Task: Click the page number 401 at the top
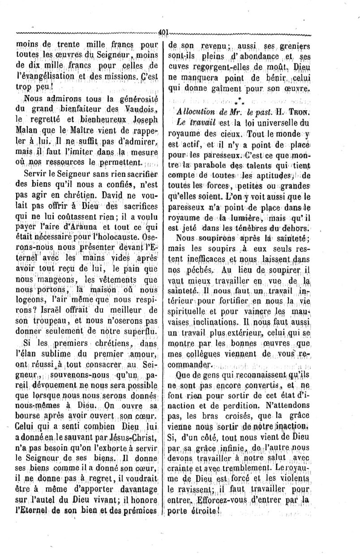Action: tap(163, 32)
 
